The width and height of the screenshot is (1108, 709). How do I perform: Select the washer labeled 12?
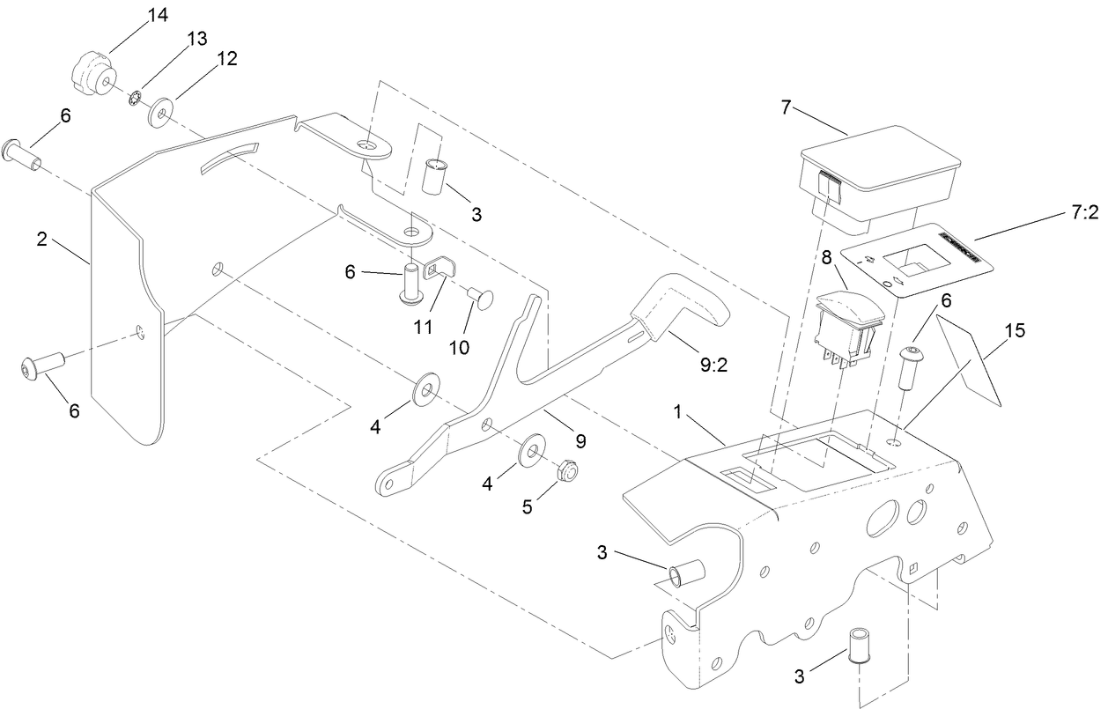[160, 113]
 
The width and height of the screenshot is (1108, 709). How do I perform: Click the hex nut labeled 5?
[568, 470]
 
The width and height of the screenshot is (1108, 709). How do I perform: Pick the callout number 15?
[1015, 332]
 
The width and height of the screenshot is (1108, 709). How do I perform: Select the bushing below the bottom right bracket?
[859, 647]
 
